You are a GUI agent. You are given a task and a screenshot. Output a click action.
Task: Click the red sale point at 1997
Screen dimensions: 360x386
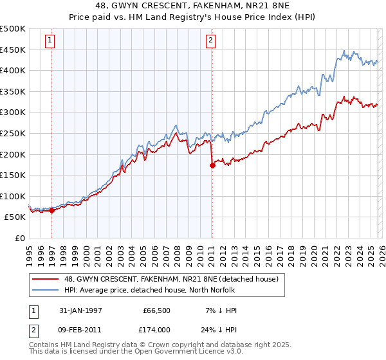[52, 210]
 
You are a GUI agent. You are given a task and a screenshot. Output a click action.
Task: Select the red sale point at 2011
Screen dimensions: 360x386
[212, 165]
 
